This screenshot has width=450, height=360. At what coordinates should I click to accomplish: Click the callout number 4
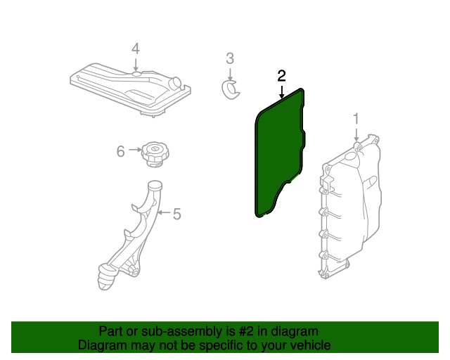(x=136, y=49)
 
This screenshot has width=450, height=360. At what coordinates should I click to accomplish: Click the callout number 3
(x=230, y=58)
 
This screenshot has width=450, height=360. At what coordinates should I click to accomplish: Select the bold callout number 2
(x=281, y=76)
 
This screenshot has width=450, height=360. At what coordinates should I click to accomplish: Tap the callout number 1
(x=356, y=119)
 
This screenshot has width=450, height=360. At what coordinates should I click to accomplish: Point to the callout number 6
(x=120, y=151)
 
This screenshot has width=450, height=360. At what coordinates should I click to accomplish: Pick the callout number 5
(x=176, y=214)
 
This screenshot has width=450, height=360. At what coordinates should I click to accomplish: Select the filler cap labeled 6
(x=155, y=154)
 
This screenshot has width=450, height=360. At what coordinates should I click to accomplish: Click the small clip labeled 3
(x=231, y=90)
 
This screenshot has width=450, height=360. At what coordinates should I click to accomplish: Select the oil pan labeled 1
(x=350, y=207)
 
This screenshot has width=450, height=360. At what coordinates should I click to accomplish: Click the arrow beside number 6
(x=135, y=150)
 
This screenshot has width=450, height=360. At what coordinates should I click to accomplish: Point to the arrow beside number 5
(x=164, y=212)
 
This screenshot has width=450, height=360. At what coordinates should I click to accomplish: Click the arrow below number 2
(x=282, y=92)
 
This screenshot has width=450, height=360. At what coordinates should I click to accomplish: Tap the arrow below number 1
(x=356, y=135)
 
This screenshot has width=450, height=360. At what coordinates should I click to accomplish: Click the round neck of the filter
(x=176, y=82)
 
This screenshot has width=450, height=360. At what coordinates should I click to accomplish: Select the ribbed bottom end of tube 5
(x=107, y=277)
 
